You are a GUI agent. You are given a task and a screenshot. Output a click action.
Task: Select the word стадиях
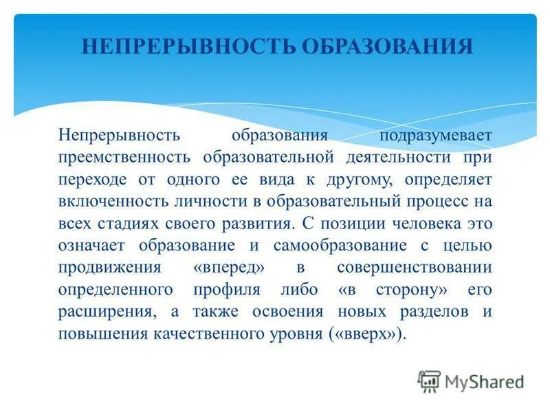pyautogui.click(x=131, y=224)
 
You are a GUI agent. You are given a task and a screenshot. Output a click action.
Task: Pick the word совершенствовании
pyautogui.click(x=415, y=268)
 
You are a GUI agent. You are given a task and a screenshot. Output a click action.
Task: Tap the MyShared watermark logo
pyautogui.click(x=471, y=381)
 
